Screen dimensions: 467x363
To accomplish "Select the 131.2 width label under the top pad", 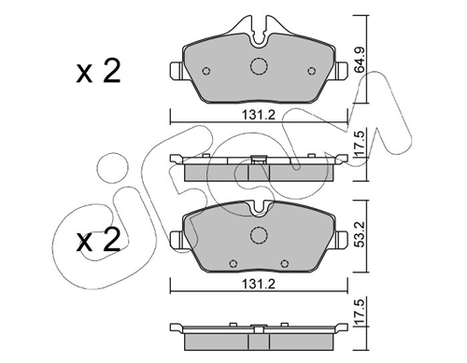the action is (x=259, y=115).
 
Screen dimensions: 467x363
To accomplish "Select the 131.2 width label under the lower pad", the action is (x=259, y=284).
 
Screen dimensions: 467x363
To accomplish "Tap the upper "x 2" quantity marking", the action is (x=98, y=72).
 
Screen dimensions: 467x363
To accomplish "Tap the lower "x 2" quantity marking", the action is (x=98, y=240).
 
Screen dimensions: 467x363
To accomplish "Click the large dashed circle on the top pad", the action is (x=259, y=66).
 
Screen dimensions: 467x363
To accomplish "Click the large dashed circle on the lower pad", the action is (x=259, y=235).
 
